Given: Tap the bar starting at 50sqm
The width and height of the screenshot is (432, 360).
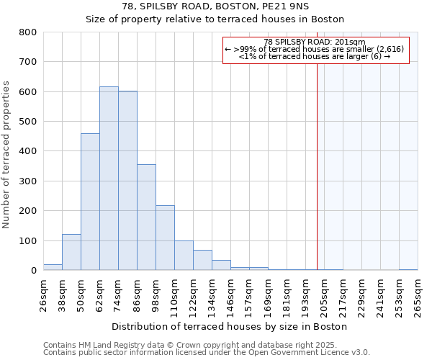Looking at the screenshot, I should point(90,202).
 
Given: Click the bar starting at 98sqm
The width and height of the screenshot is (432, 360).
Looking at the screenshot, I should point(165,238).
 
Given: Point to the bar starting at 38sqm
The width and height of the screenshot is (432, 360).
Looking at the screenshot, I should point(71,252).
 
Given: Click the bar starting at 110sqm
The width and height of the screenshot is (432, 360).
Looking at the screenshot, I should point(184,256).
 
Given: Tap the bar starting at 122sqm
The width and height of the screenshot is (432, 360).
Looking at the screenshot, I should point(202,260).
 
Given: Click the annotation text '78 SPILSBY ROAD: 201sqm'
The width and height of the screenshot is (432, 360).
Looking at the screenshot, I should point(315,42).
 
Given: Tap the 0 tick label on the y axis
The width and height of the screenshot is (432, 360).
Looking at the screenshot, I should point(33,271).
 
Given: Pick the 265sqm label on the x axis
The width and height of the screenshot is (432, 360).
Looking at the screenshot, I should point(418,293).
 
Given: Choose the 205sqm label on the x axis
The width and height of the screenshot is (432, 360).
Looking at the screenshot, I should point(325,293).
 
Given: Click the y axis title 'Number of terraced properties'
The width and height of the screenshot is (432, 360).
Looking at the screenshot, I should point(6,154).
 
